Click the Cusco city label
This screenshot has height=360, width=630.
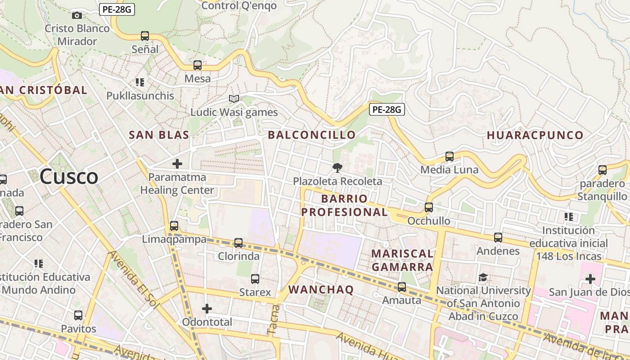pos(69,176)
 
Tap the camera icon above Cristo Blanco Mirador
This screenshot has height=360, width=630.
pos(77,15)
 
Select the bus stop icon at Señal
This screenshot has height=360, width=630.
pos(145,36)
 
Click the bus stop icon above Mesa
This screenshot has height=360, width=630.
pos(198,65)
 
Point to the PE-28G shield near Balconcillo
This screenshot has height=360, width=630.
pos(387,109)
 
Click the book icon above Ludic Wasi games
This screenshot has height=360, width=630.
pos(234,99)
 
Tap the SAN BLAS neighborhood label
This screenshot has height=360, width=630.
pos(159,135)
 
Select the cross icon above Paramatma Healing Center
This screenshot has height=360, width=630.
pos(177,164)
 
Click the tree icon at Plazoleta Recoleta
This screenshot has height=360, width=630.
pos(337,168)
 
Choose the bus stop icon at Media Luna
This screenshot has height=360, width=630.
pos(449,157)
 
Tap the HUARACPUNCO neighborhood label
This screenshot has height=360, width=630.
pos(535,135)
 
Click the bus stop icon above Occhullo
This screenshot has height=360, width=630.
pos(429,207)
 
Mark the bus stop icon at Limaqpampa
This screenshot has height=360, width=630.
pos(174,226)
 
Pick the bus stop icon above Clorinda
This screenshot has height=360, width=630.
pos(238,243)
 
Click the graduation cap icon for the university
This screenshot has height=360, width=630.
pos(483,277)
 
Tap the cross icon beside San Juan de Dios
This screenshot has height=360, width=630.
pos(590,279)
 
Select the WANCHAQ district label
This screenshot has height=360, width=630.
pos(321,289)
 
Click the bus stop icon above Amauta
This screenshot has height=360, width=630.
pos(402,287)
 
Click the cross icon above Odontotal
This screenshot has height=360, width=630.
pos(207,309)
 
